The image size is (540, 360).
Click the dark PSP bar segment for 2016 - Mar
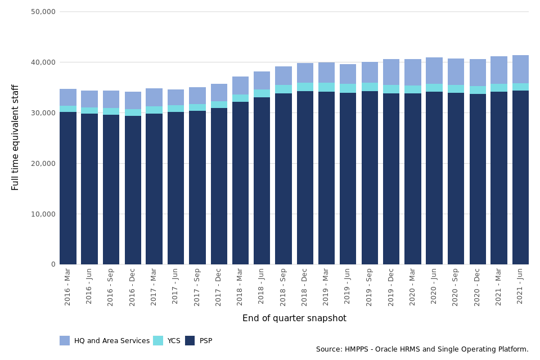coord(68,188)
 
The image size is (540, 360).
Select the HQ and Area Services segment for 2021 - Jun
coord(520,69)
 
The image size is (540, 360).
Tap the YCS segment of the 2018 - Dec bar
coord(305,87)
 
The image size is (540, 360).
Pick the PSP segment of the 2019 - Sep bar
coord(370,178)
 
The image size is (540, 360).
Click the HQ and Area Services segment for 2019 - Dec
coord(391,72)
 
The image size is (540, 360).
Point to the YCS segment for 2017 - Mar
coord(154,110)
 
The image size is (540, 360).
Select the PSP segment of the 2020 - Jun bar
coord(434,178)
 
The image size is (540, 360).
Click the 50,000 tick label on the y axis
coord(43,11)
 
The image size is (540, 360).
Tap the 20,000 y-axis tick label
coord(43,163)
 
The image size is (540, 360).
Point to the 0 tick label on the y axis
coord(53,264)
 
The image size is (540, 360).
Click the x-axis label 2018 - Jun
coord(262,286)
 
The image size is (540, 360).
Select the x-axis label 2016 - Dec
coord(133,286)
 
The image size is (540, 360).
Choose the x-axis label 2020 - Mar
coord(412,286)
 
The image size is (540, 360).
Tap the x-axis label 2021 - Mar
coord(498,286)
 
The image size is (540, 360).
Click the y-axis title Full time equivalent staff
coord(16,137)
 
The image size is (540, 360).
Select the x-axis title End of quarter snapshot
coord(294,318)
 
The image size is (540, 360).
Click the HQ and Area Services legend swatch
coord(65,340)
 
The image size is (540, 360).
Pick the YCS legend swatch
coord(157,340)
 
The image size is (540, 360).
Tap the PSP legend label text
coord(206,341)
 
